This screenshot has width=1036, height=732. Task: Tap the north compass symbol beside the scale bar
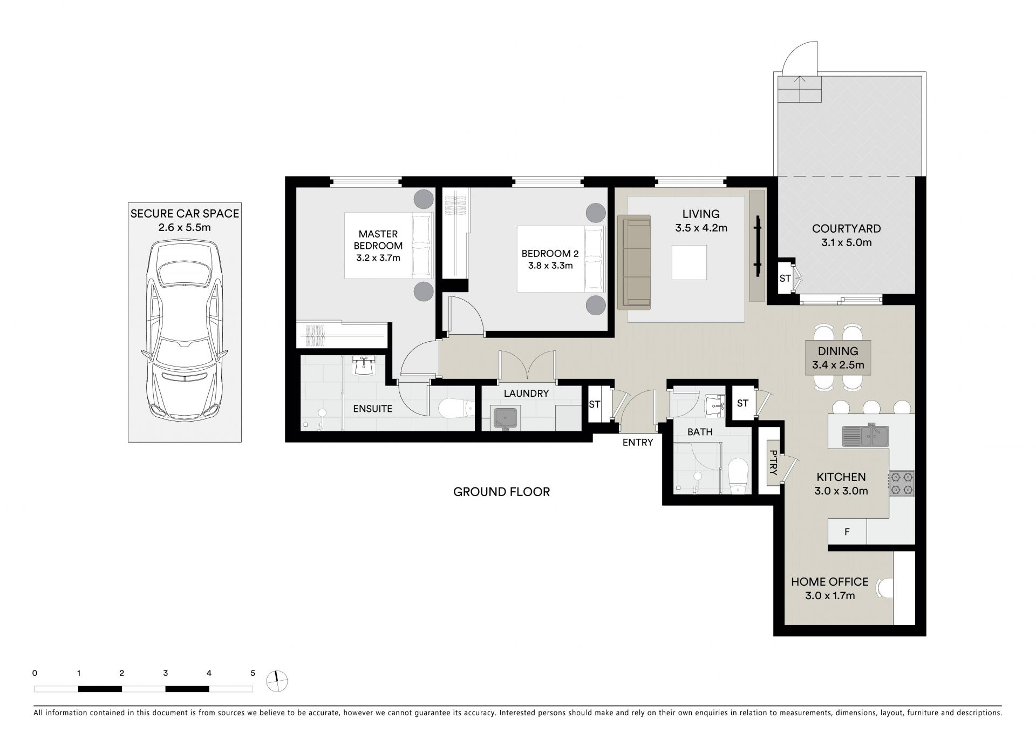point(277,682)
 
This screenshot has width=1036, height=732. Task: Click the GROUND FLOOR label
point(501,492)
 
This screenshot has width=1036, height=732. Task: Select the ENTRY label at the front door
point(638,443)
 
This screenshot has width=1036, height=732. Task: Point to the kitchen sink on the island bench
point(865,435)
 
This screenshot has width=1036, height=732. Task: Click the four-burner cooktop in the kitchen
point(902,483)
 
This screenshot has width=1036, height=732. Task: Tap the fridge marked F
point(847,532)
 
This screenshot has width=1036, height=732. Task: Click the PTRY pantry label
point(773,463)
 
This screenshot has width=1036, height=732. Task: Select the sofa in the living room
point(634,262)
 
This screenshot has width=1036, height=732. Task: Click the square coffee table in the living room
point(689,263)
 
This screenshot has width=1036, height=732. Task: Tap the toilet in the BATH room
point(737,476)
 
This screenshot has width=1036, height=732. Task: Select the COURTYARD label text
point(846,229)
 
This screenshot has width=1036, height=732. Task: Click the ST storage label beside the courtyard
point(785,279)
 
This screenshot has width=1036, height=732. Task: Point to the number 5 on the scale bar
point(253,673)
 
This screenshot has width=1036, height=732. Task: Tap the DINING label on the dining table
point(838,351)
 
